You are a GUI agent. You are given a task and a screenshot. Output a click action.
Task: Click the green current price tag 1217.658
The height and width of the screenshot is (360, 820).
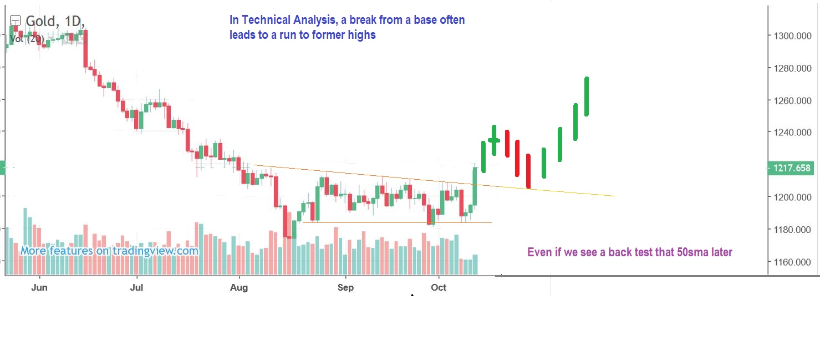[790, 168]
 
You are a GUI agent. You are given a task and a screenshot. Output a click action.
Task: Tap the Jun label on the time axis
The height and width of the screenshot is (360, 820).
[40, 287]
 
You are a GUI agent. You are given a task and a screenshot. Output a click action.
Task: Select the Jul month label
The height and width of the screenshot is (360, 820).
[136, 287]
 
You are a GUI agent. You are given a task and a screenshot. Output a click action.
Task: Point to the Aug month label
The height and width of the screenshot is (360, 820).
[240, 287]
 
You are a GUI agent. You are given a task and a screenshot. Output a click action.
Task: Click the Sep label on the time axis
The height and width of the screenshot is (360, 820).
[346, 287]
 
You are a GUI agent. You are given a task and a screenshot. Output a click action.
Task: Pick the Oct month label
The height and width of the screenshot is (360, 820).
[439, 287]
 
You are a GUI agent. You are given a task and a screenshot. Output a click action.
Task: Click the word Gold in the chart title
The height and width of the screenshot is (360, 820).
[40, 22]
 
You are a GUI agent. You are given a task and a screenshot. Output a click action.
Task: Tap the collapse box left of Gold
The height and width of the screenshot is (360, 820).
[15, 21]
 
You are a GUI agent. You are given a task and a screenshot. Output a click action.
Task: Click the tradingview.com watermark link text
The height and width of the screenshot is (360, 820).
[155, 251]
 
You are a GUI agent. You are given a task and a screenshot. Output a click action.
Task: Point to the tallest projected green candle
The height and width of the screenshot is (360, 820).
[587, 97]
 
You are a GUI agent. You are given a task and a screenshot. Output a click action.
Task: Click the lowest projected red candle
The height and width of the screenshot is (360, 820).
[528, 171]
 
